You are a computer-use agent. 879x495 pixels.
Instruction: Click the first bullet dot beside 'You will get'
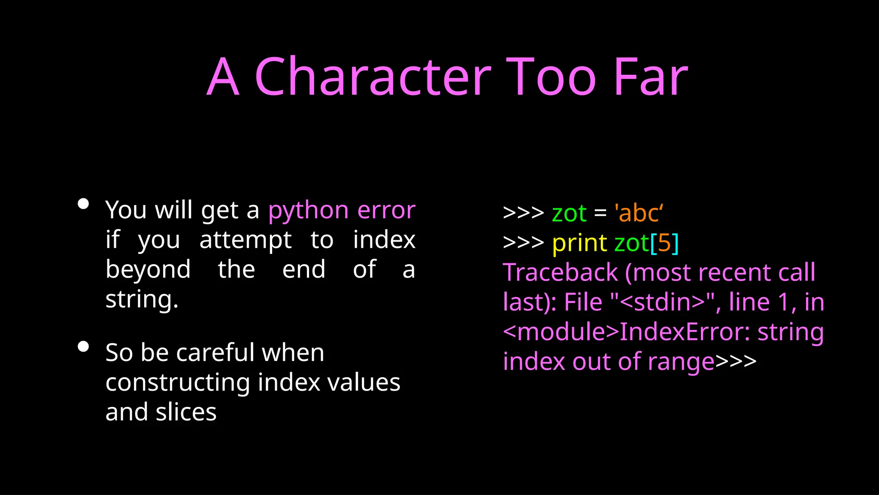coord(83,204)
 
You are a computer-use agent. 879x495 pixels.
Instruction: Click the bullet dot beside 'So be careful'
coord(83,346)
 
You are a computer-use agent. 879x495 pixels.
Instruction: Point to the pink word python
coord(308,211)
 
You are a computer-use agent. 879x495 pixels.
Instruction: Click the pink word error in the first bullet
coord(386,211)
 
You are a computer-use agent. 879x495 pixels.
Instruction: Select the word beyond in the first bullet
coord(148,270)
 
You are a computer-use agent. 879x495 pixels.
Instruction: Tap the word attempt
coord(246,240)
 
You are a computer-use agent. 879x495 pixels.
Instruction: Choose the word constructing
coord(178,382)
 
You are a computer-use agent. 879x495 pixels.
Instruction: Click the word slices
coord(186,412)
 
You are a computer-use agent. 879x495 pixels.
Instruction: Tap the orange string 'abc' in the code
coord(639,213)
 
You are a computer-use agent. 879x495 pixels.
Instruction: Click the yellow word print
coord(579,243)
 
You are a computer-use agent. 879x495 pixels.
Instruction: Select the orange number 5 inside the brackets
coord(664,243)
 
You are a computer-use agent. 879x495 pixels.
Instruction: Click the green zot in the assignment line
coord(569,213)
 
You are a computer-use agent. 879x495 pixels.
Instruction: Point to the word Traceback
coord(560,272)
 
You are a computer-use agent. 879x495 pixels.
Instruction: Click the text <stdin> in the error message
coord(663,302)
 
